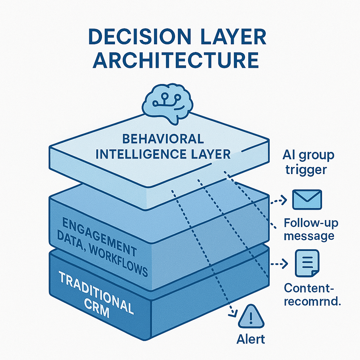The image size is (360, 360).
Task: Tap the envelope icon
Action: point(307,199)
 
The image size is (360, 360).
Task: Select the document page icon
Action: point(307,263)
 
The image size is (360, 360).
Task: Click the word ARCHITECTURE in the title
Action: point(176,60)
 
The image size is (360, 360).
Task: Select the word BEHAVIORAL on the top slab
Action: point(163,139)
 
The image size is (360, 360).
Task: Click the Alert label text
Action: point(250,339)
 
